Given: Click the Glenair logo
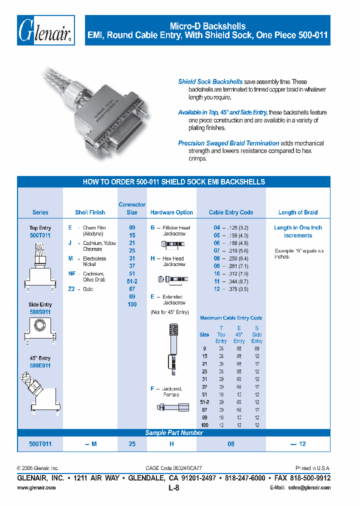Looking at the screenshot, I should point(46,30).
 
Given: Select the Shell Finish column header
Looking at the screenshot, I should point(90,212).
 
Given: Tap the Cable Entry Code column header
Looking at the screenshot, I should point(230,212).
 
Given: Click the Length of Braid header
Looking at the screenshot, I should point(298,212).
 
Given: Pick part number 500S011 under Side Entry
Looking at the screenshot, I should point(40,311).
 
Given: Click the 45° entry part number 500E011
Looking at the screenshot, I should point(40,365).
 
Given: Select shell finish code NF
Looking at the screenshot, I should point(72,273).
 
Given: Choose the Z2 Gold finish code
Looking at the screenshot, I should point(71,289).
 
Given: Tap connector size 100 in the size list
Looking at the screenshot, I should point(132,304).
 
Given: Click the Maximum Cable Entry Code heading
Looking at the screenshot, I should point(230,318).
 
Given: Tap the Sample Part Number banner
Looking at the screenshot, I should point(173,433).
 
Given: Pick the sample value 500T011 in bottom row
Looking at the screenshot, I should point(40,443).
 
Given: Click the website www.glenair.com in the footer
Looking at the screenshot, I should point(36,487).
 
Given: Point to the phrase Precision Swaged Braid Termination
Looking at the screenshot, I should point(228,143).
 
